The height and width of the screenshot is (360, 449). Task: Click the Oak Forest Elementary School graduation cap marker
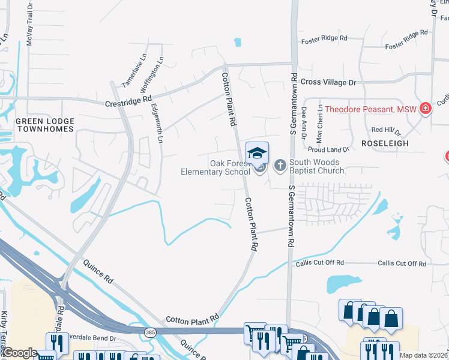257,154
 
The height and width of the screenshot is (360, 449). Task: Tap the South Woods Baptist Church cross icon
279,166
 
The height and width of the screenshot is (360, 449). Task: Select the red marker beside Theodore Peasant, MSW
426,109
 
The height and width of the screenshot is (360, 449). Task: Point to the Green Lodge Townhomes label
44,125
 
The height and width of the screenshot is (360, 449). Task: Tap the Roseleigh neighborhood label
385,144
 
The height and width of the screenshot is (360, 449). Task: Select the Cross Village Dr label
328,82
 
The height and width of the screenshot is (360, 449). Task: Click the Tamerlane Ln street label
134,72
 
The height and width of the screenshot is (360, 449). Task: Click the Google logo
20,353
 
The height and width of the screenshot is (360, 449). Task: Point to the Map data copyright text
423,355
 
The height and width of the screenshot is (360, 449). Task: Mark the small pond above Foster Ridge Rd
238,42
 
